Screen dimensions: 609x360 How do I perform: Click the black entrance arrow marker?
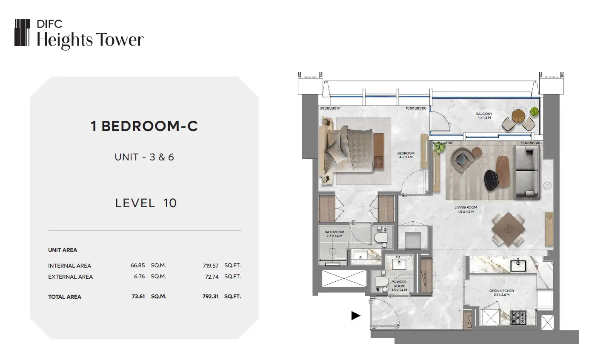point(356,316)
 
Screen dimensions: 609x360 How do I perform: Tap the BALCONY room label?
point(484,114)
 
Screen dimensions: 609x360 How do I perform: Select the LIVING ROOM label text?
point(466,207)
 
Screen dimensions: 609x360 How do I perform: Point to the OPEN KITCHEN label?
point(502,291)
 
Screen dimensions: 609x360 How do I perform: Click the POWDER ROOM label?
point(399,284)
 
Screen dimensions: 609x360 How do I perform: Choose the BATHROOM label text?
point(335,232)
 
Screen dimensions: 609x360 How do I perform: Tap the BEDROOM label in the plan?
point(406,153)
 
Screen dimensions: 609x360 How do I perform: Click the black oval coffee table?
point(491,180)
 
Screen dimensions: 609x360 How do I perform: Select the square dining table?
point(508,229)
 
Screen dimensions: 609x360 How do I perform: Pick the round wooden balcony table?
point(518,116)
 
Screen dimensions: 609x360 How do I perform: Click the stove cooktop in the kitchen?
point(518,317)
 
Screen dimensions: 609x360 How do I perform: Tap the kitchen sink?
point(518,266)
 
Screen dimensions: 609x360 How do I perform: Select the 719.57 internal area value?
point(210,266)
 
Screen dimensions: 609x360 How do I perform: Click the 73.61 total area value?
point(138,296)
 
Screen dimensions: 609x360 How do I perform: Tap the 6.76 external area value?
point(139,277)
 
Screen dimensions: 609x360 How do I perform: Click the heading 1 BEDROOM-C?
point(144,126)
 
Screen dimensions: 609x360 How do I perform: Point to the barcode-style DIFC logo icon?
point(22,32)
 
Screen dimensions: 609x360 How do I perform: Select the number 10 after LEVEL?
point(170,203)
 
